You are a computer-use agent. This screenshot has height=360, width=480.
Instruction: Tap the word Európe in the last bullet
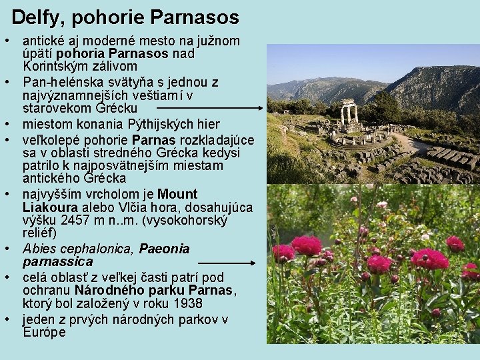point(44,332)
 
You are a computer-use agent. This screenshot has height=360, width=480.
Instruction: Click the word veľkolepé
point(53,140)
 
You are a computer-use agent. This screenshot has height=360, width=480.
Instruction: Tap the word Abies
point(38,249)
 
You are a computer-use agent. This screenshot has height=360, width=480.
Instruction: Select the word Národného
point(107,291)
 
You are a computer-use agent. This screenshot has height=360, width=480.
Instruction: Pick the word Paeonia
point(164,249)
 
